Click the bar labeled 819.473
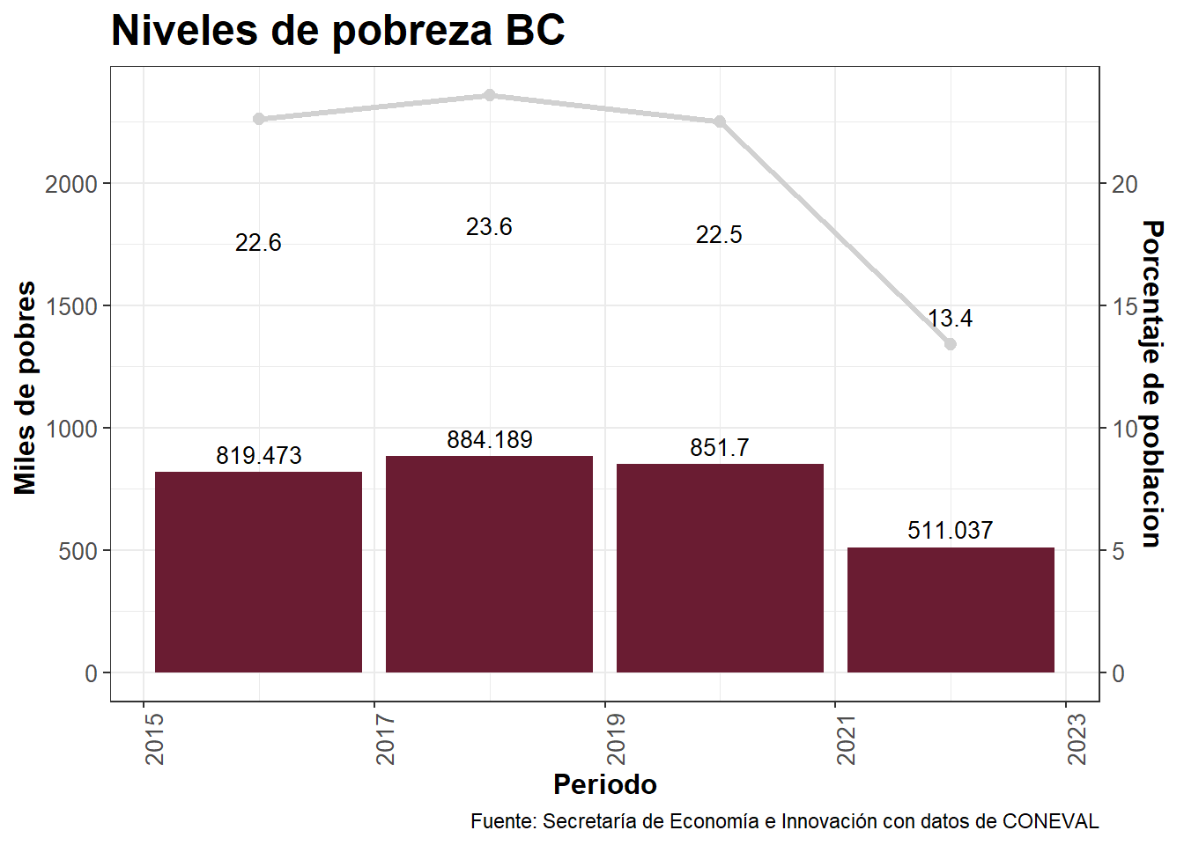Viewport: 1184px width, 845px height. pyautogui.click(x=258, y=572)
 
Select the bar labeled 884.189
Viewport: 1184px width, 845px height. pyautogui.click(x=489, y=564)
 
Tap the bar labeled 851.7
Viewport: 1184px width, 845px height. pyautogui.click(x=720, y=568)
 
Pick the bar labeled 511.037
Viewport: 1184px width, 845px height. pyautogui.click(x=951, y=610)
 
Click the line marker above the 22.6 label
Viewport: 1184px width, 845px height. pyautogui.click(x=259, y=119)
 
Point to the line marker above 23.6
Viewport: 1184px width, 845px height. pyautogui.click(x=490, y=95)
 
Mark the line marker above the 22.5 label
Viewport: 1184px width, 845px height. pyautogui.click(x=720, y=121)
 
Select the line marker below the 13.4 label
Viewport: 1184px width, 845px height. pyautogui.click(x=951, y=344)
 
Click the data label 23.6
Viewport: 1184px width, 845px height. pyautogui.click(x=489, y=227)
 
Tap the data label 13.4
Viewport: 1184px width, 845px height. pyautogui.click(x=950, y=319)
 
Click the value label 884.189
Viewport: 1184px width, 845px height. pyautogui.click(x=489, y=440)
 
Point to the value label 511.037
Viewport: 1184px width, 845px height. pyautogui.click(x=950, y=531)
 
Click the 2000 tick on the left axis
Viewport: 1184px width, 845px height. pyautogui.click(x=71, y=184)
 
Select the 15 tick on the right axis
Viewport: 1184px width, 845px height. pyautogui.click(x=1125, y=306)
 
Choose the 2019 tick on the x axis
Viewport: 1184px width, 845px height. pyautogui.click(x=616, y=738)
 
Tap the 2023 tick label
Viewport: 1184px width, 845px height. pyautogui.click(x=1077, y=738)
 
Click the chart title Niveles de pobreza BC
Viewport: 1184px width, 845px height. pyautogui.click(x=337, y=31)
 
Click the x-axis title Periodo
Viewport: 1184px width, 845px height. pyautogui.click(x=604, y=784)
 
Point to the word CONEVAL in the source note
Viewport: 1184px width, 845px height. pyautogui.click(x=1051, y=821)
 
